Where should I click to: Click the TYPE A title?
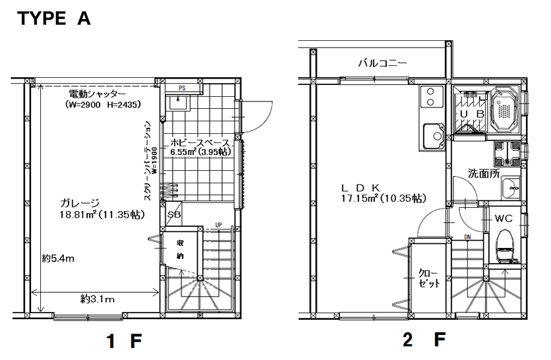(54, 18)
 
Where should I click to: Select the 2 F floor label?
(424, 340)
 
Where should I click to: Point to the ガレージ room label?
(80, 203)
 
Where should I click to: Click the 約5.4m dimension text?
(58, 258)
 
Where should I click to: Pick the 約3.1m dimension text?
(98, 299)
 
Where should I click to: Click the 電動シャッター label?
(97, 94)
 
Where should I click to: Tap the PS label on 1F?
(182, 88)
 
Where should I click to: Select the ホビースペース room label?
(200, 143)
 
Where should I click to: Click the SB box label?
(174, 214)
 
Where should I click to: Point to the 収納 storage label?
(181, 250)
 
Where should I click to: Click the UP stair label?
(219, 225)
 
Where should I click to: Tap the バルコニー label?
(383, 63)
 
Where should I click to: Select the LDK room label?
(361, 187)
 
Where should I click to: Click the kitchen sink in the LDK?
(434, 136)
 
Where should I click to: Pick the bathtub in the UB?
(505, 108)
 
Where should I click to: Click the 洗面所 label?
(484, 173)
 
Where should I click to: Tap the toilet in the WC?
(506, 246)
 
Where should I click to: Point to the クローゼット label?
(428, 278)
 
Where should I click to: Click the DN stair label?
(467, 237)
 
